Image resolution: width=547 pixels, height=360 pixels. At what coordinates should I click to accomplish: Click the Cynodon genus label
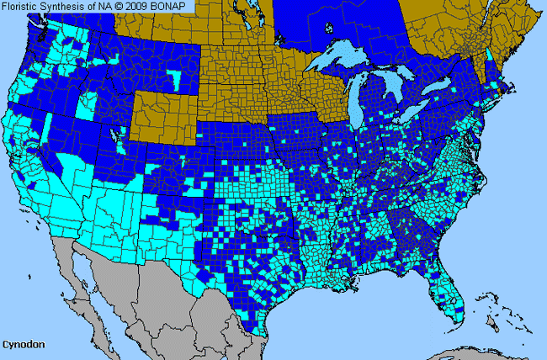pos(22,345)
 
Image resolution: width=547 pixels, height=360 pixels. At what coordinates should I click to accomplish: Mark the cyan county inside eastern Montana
pos(174,78)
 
